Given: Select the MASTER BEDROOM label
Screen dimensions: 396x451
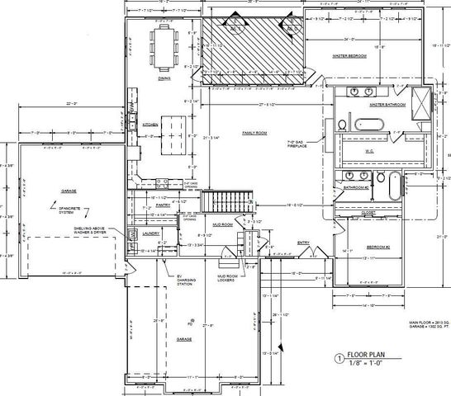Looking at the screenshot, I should point(349,56).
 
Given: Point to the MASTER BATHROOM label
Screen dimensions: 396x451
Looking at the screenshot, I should point(387,106).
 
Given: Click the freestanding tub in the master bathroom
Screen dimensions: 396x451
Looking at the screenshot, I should point(370,125).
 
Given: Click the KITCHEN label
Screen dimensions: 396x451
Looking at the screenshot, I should point(150,125).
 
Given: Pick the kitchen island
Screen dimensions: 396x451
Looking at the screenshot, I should point(173,135).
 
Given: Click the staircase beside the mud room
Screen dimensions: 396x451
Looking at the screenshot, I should point(230,200).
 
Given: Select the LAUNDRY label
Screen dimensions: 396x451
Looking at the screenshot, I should point(150,233).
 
